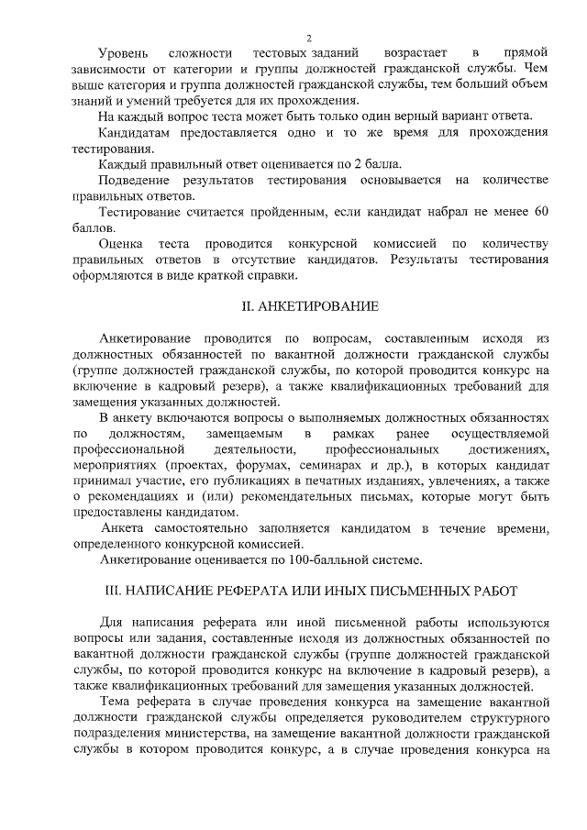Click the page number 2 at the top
(x=309, y=38)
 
